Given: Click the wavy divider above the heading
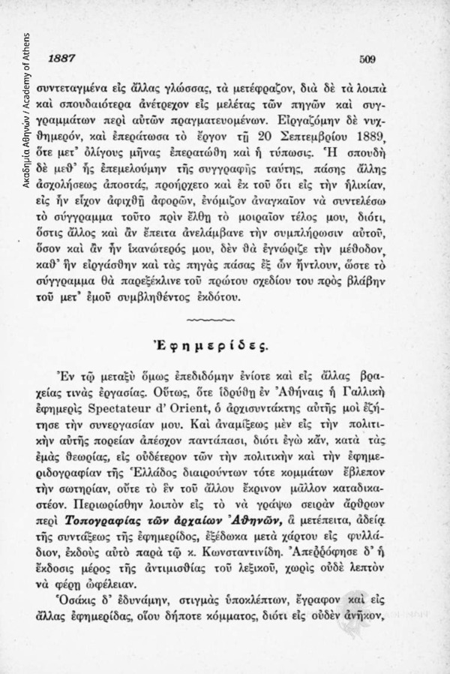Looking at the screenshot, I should [x=214, y=320].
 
